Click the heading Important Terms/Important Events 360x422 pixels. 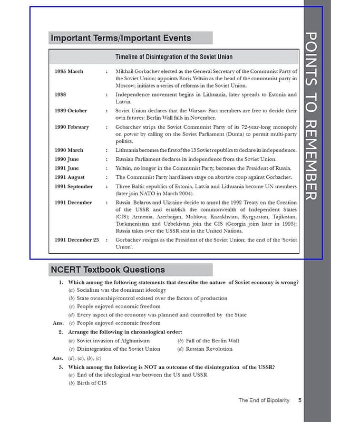[121, 38]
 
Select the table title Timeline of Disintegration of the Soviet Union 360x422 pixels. [173, 57]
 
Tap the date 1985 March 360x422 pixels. [69, 71]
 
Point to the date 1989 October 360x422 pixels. [71, 111]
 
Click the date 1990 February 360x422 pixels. [72, 127]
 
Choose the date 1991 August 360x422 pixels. [69, 177]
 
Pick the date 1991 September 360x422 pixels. [73, 186]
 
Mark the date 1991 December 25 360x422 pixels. [76, 239]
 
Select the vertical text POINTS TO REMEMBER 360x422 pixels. [311, 116]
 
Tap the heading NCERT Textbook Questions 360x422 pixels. [108, 270]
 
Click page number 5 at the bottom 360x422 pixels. [299, 400]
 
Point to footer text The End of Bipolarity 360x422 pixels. [264, 400]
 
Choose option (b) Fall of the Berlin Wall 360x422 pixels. [208, 341]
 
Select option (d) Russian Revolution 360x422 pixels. [205, 349]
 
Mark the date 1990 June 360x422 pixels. [67, 159]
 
